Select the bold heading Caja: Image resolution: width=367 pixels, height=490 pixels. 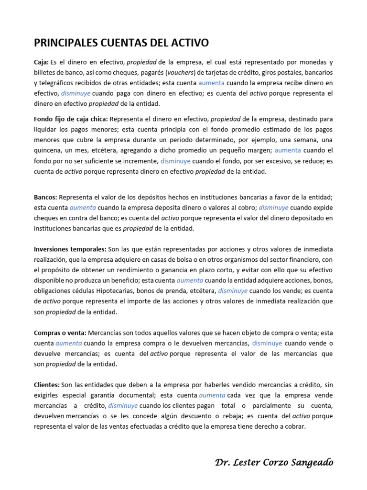[42, 62]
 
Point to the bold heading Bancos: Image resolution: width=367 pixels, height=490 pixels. [45, 197]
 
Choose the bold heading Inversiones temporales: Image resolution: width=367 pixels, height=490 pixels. [70, 249]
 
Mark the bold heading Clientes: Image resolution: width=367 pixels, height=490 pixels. [46, 385]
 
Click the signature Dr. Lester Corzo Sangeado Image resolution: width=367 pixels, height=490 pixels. [274, 462]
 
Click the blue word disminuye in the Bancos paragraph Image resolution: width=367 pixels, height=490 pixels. [273, 208]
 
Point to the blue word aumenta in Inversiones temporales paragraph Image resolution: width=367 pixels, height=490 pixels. [190, 280]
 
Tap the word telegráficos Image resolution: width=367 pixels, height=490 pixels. [56, 83]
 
